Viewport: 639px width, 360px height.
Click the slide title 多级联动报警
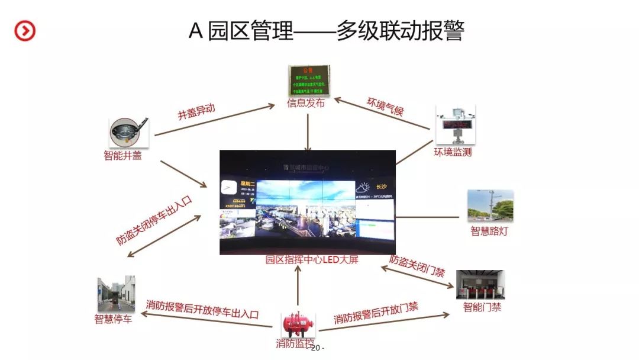click(326, 30)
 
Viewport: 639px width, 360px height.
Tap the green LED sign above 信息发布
click(308, 81)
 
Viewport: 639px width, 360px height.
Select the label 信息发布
click(306, 103)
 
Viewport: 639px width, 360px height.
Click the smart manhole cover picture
click(128, 133)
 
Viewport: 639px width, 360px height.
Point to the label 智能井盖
click(122, 156)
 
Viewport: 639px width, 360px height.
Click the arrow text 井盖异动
click(196, 111)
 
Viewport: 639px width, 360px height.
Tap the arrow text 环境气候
click(385, 105)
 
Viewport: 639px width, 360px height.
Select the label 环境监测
click(453, 153)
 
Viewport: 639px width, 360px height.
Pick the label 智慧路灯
click(489, 231)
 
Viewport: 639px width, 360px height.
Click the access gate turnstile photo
click(480, 285)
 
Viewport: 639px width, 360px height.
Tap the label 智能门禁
click(482, 307)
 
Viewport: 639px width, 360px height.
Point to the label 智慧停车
click(113, 319)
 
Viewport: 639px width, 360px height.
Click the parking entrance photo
click(116, 294)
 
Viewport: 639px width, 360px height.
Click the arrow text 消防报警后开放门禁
click(376, 313)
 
